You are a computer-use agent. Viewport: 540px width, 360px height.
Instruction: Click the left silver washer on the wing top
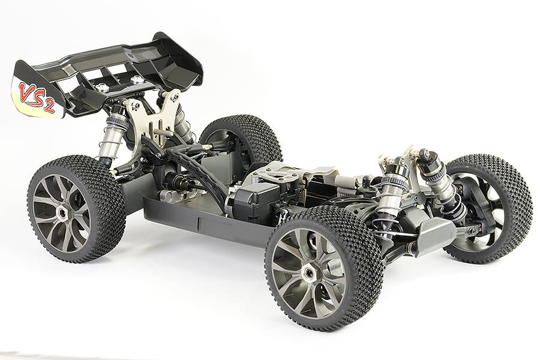pos(102,88)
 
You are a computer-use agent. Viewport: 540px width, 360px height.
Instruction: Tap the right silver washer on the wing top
pos(137,79)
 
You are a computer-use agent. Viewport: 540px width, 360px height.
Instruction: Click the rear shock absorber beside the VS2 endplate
pos(112,135)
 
